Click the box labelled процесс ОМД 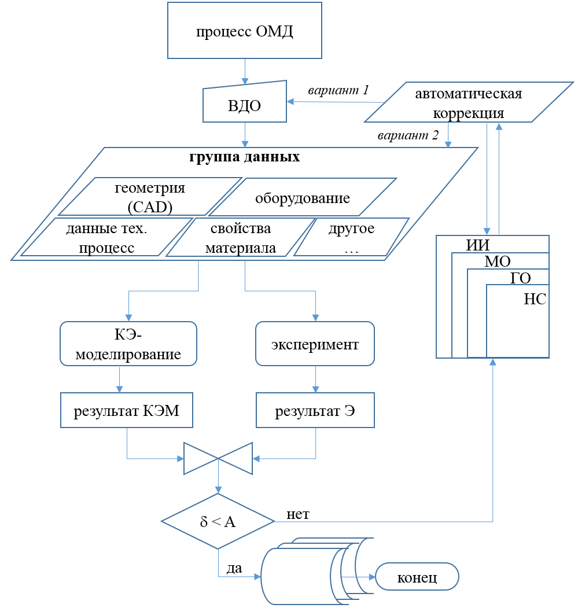click(244, 31)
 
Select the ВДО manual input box click(245, 105)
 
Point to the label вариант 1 click(338, 90)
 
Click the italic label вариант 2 click(408, 137)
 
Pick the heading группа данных click(245, 157)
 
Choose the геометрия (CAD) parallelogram click(150, 197)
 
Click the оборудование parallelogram click(302, 198)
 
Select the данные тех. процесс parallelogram click(106, 237)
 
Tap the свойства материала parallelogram click(241, 237)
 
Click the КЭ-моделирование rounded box click(128, 344)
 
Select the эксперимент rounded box click(315, 344)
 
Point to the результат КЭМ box click(127, 411)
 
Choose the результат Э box click(315, 411)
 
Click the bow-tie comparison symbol click(218, 458)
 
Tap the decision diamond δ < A click(218, 521)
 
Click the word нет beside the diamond click(298, 513)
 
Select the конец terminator click(417, 577)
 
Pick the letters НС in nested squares click(535, 299)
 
